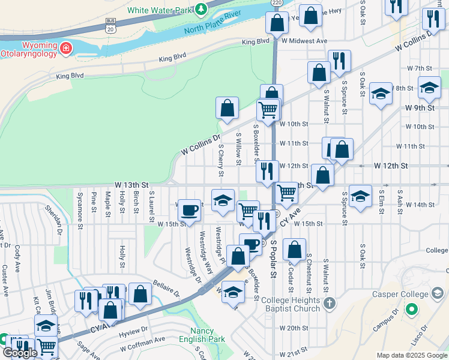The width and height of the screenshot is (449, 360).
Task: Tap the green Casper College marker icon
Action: click(x=411, y=310)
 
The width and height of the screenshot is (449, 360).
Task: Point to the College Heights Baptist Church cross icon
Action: click(x=328, y=303)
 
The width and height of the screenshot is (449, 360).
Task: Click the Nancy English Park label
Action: click(x=207, y=335)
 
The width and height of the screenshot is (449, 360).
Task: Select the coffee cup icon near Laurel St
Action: click(x=189, y=211)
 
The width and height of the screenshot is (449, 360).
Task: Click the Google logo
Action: click(x=20, y=353)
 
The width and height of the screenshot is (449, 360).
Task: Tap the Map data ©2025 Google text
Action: click(x=411, y=355)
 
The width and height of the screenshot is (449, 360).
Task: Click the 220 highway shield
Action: click(x=276, y=3)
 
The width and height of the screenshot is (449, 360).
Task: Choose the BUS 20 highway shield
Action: click(x=110, y=25)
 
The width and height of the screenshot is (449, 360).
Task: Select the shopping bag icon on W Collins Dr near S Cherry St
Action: click(x=228, y=109)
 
